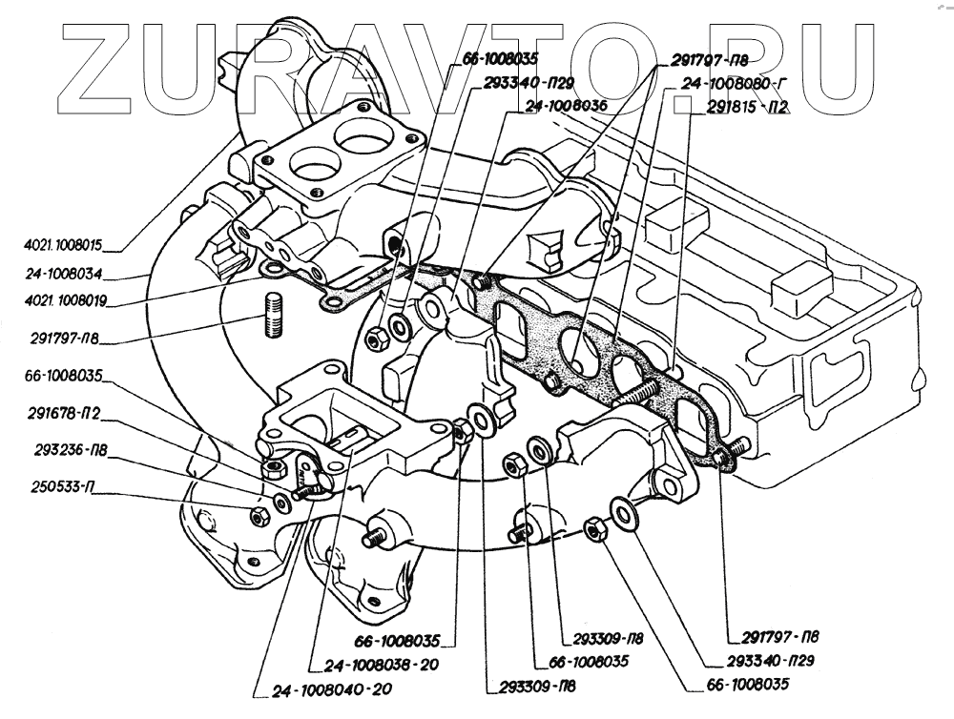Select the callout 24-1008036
[565, 107]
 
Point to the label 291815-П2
[746, 108]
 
